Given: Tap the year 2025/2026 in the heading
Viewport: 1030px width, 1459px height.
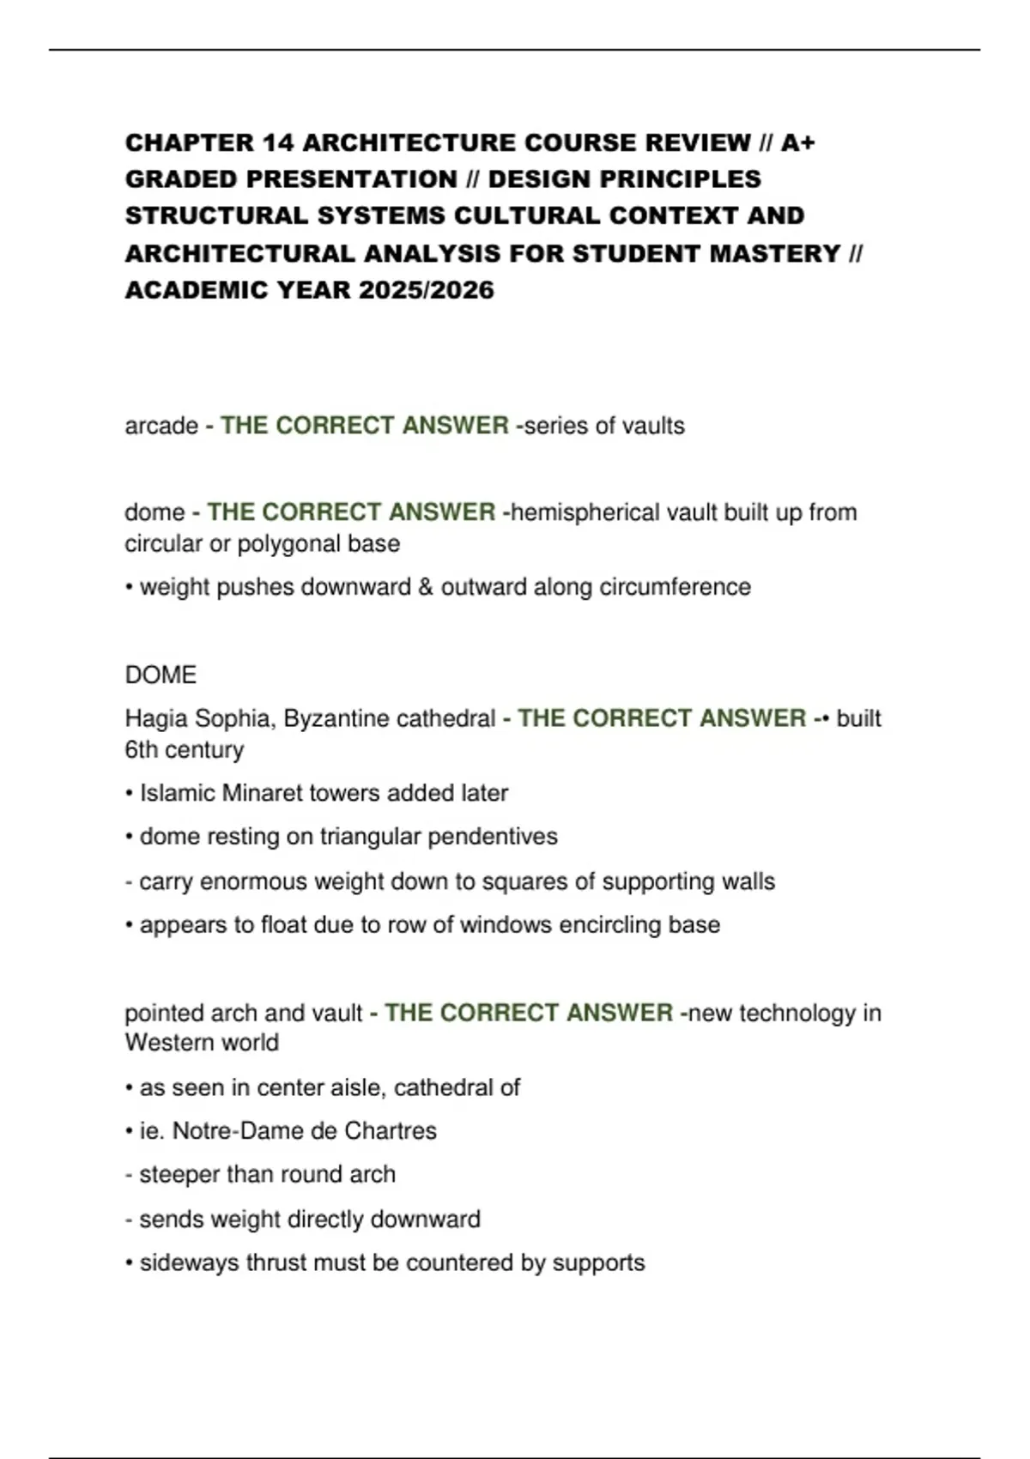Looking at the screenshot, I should (427, 290).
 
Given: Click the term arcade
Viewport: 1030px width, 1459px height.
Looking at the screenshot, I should (161, 426).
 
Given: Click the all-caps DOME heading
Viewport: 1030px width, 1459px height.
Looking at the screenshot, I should (161, 675).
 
